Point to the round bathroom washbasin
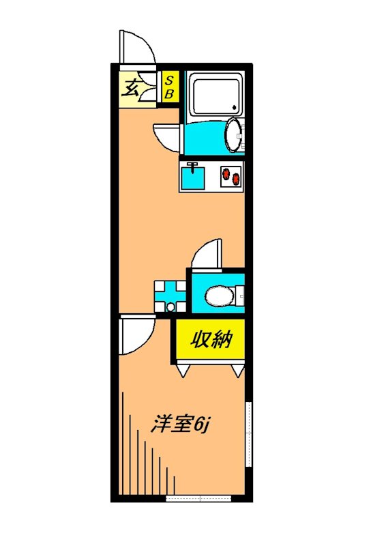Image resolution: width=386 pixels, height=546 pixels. coord(233,134)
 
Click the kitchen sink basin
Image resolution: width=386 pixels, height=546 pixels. coord(194,178)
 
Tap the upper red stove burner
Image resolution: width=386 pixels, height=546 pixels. coord(226,172)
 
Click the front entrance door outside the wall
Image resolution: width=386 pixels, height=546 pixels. coord(135,48)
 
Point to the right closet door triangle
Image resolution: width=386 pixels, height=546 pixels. coord(237,371)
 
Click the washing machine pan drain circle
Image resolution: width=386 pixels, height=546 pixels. coord(170,308)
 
